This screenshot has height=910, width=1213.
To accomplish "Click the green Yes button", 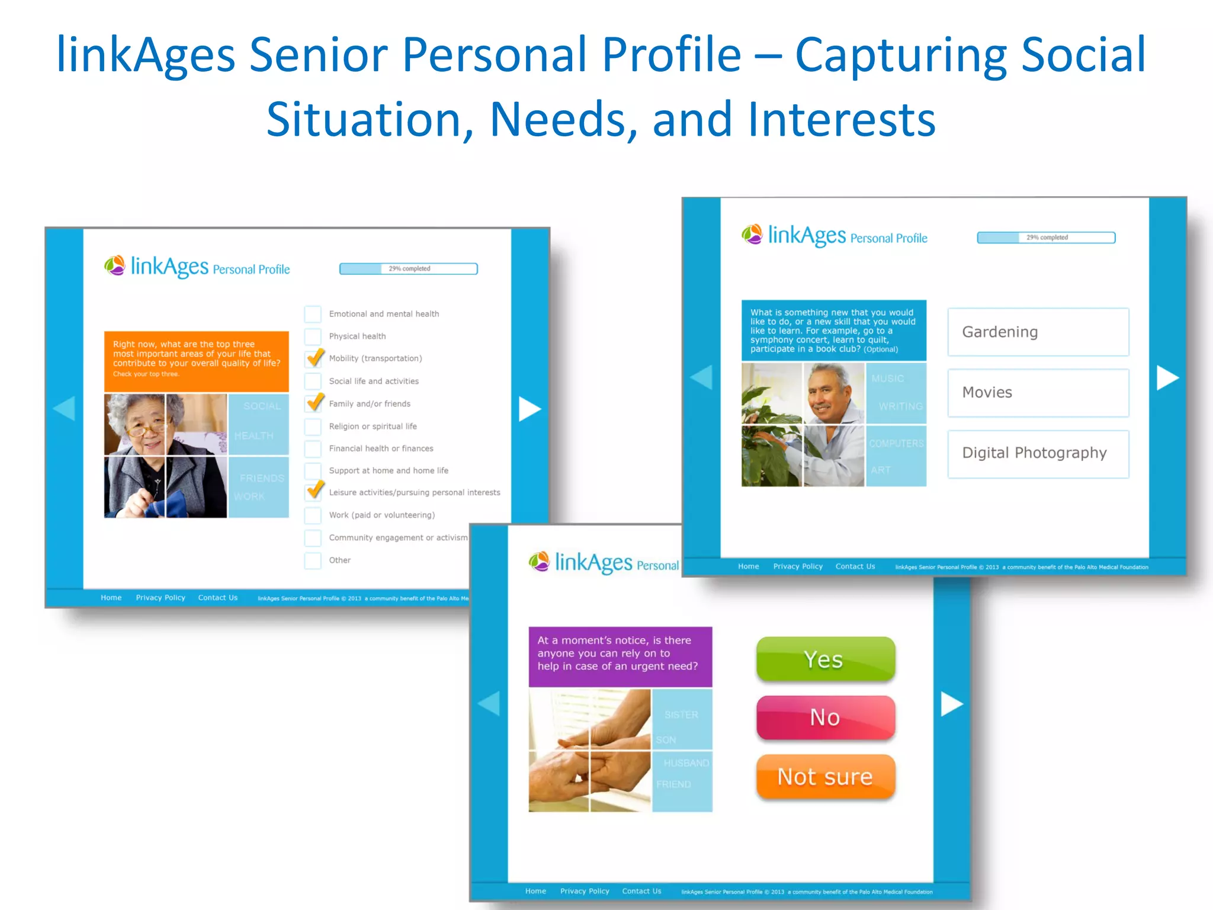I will click(x=825, y=659).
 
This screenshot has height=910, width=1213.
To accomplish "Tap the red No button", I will click(x=825, y=717).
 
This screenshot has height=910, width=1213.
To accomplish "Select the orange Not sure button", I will click(x=825, y=777).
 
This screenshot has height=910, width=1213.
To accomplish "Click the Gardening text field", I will click(x=1038, y=332).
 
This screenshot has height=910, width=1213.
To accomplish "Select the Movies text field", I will click(x=1038, y=393).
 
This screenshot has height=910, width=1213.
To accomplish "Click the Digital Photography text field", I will click(x=1038, y=453).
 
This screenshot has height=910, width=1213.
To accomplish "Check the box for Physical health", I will click(x=313, y=337).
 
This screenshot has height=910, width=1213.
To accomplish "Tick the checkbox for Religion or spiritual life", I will click(x=313, y=427).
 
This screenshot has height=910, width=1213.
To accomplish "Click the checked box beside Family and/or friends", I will click(x=314, y=403).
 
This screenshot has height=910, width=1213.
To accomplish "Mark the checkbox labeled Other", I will click(x=313, y=560).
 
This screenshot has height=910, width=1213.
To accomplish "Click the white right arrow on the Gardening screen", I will click(x=1167, y=377).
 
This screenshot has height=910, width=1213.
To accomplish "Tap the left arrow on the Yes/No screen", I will click(x=489, y=704).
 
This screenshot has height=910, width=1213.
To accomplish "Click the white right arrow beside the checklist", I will click(x=529, y=409).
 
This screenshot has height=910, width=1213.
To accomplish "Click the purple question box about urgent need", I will click(x=620, y=656).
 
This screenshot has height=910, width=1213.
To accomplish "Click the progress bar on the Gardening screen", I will click(x=1046, y=238).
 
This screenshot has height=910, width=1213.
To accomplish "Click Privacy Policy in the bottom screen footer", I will click(x=585, y=891).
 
